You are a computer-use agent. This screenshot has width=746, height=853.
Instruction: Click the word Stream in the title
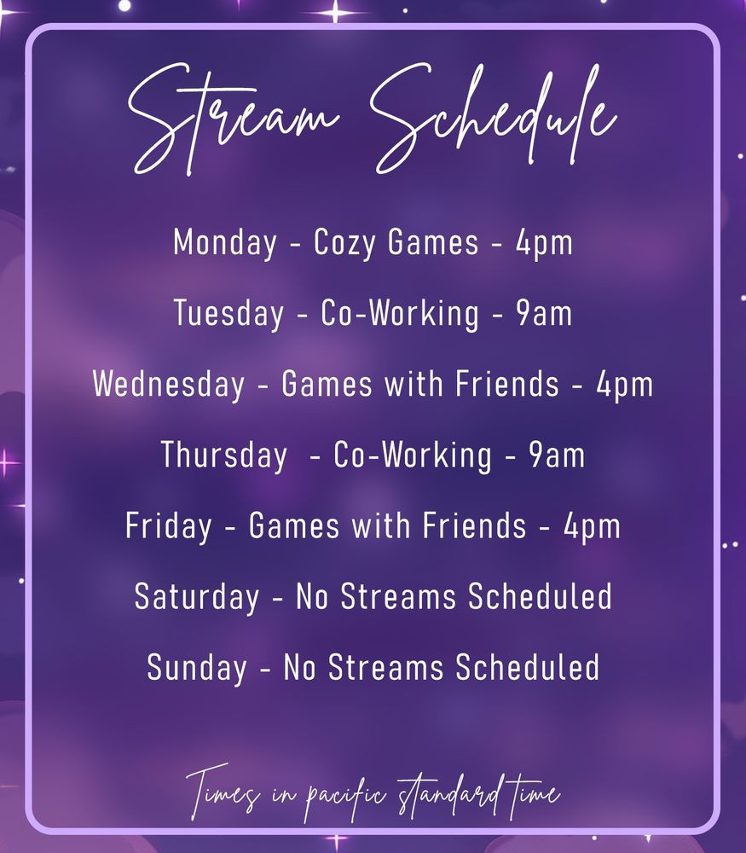pyautogui.click(x=234, y=119)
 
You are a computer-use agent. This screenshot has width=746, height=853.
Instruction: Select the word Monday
pyautogui.click(x=225, y=242)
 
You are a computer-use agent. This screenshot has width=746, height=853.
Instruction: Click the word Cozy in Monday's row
pyautogui.click(x=344, y=242)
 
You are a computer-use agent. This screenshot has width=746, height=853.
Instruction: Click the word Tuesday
pyautogui.click(x=228, y=314)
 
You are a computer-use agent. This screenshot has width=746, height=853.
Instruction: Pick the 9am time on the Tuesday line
pyautogui.click(x=544, y=314)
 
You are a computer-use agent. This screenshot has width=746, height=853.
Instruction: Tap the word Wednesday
pyautogui.click(x=169, y=385)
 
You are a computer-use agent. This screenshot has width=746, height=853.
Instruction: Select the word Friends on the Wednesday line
pyautogui.click(x=507, y=384)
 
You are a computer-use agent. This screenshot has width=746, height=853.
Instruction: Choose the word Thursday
pyautogui.click(x=224, y=456)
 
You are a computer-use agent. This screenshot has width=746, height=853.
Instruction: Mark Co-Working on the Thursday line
pyautogui.click(x=413, y=456)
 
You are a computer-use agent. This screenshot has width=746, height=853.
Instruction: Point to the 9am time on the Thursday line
pyautogui.click(x=557, y=456)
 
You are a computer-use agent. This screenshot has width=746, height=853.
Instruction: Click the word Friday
pyautogui.click(x=169, y=526)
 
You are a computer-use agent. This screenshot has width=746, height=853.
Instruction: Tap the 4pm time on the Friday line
pyautogui.click(x=593, y=527)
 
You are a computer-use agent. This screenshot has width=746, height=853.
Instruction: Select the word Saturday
pyautogui.click(x=197, y=597)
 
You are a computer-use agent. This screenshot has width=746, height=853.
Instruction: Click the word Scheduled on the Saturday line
pyautogui.click(x=540, y=596)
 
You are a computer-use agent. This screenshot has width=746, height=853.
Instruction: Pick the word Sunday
pyautogui.click(x=197, y=668)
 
